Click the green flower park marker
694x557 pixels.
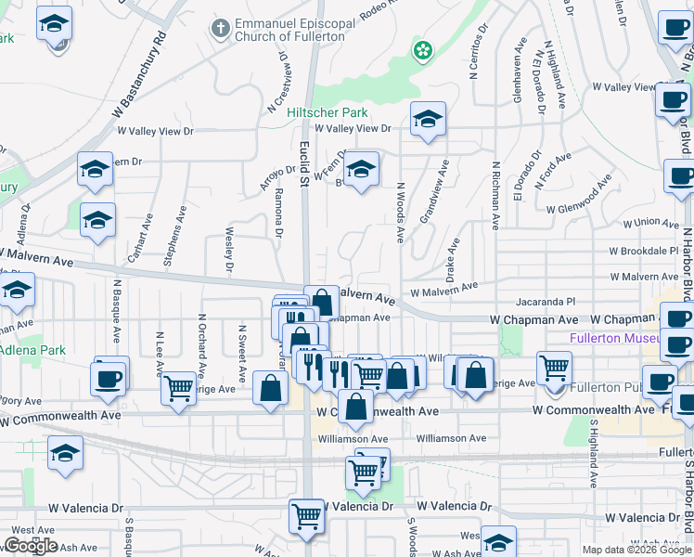pos(422,49)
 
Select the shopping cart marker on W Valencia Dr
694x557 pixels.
pos(306,515)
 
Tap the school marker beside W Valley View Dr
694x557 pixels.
pos(428,119)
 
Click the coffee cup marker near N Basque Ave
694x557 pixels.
pos(109,377)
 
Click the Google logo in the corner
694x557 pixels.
pos(30,546)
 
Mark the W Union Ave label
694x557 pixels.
pos(651,223)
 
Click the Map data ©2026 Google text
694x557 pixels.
pos(636,550)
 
